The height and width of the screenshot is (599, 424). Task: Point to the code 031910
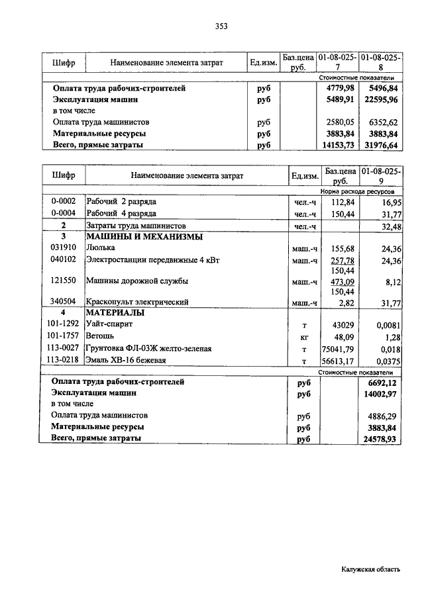coord(63,248)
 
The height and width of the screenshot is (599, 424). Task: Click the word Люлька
coord(101,248)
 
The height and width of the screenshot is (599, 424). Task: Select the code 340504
coord(63,302)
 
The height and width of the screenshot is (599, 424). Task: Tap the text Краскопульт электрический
coord(138,302)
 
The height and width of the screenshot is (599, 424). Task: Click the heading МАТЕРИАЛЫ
coord(116,312)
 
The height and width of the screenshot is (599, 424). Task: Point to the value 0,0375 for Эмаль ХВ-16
coord(389,361)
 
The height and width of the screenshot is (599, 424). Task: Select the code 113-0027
coord(63,349)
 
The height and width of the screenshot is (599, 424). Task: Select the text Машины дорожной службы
coord(137,281)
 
